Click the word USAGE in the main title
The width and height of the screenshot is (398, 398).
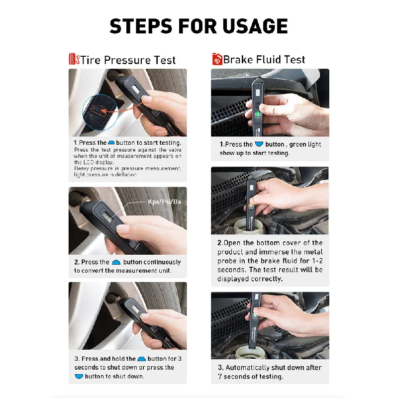[255, 26]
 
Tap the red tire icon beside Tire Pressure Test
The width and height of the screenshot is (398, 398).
[74, 59]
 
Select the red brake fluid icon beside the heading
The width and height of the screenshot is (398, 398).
[217, 59]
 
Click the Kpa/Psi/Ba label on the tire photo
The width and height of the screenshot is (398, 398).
[165, 202]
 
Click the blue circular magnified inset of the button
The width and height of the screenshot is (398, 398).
[100, 111]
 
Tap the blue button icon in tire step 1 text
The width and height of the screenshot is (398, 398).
[111, 143]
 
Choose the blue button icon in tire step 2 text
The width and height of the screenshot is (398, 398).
[116, 262]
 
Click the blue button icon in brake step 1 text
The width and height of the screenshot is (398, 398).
[259, 144]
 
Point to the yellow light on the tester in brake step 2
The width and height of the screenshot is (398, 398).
[251, 205]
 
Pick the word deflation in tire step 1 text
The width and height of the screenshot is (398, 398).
[126, 175]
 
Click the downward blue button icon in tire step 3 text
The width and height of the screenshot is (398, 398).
[79, 376]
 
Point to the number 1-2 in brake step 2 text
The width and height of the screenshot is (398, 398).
[317, 261]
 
